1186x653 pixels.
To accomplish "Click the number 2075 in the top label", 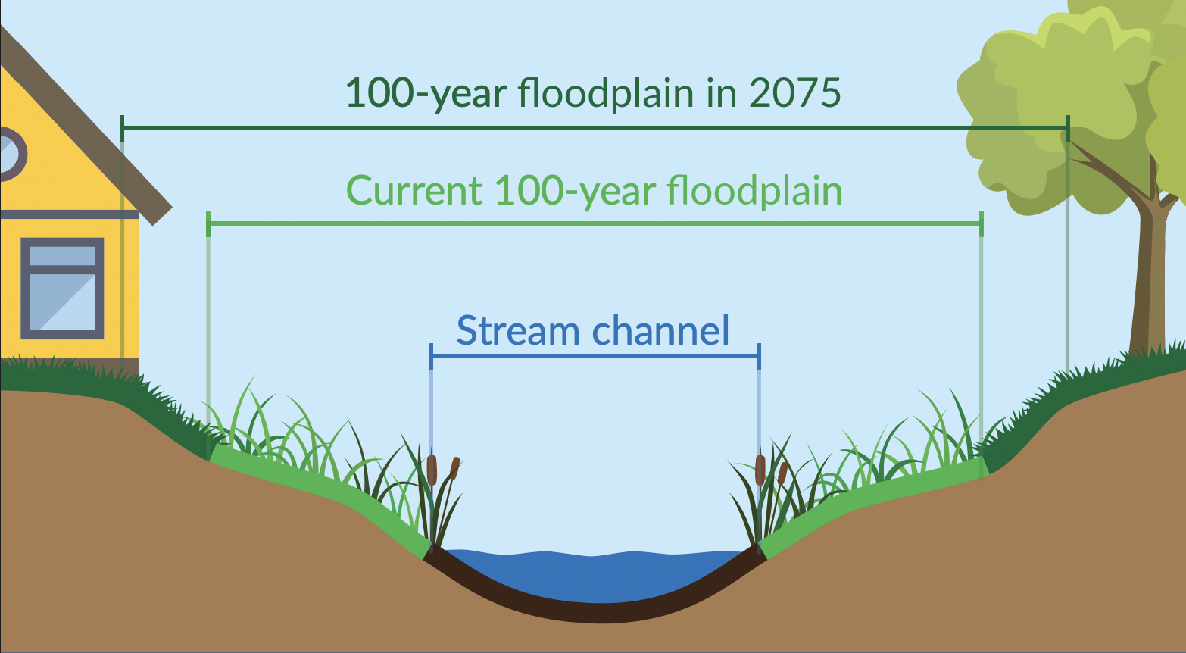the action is [794, 92].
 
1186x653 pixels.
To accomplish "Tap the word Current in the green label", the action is [414, 190].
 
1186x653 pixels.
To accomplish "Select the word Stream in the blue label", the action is [518, 330].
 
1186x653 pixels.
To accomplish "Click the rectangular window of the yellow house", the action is [62, 288].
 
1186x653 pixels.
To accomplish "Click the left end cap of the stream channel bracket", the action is [431, 356].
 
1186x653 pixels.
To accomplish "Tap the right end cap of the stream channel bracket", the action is [759, 356].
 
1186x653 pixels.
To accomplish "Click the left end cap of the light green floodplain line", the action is [208, 223].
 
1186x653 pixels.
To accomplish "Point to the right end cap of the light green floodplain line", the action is [982, 223].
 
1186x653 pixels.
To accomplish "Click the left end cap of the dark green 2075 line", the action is [122, 128].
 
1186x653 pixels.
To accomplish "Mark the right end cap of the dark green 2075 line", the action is [1067, 128].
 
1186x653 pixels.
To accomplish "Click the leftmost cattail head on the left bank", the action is [432, 470].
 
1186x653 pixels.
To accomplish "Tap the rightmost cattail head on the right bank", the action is [782, 473].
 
